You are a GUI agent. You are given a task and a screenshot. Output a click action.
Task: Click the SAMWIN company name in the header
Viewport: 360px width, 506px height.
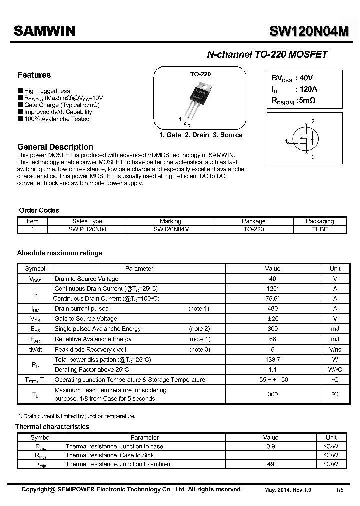[x=44, y=31]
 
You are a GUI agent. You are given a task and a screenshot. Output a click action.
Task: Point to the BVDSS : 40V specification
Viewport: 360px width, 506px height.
[x=292, y=78]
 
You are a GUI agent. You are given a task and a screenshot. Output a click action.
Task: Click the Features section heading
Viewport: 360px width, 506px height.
[x=34, y=75]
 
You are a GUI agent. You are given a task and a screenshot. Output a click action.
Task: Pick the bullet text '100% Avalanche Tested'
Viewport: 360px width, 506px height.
[x=56, y=119]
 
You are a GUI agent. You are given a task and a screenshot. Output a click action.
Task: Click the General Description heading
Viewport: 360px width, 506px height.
[x=55, y=147]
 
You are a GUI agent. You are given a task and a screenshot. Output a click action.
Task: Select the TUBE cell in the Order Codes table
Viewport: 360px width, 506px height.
[x=319, y=229]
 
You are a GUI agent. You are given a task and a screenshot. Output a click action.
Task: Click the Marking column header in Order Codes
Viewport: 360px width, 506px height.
[x=170, y=221]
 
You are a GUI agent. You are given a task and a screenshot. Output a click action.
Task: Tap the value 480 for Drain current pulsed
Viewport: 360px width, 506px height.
[x=272, y=309]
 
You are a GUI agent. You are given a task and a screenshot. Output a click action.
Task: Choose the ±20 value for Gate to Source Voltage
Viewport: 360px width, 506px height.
[x=272, y=319]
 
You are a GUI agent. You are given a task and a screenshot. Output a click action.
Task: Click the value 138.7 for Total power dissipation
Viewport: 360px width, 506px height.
[x=272, y=360]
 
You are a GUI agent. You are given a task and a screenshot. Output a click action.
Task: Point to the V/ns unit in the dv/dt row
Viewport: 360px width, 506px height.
[x=335, y=350]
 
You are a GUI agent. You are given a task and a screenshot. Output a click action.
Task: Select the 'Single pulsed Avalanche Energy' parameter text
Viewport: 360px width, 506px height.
[x=98, y=329]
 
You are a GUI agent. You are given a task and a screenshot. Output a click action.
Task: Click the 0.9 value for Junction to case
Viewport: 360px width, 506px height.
[x=271, y=446]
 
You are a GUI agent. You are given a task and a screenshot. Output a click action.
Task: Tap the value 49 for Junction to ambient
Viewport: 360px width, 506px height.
[x=271, y=464]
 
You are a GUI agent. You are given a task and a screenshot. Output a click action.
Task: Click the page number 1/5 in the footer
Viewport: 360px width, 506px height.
[x=339, y=490]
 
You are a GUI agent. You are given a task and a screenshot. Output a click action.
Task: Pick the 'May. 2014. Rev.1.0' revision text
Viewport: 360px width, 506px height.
[x=288, y=490]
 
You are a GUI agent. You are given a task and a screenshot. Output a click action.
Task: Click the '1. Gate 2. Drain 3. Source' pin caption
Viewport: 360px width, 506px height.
[x=200, y=135]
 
